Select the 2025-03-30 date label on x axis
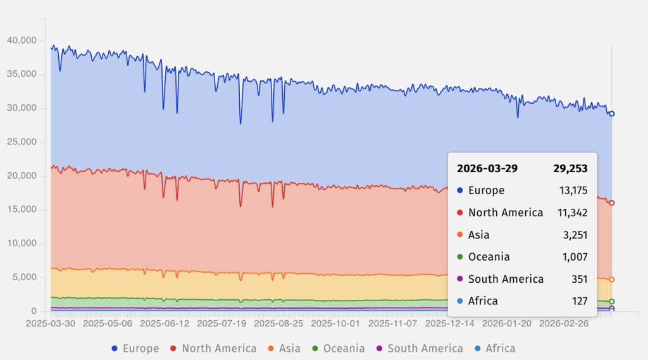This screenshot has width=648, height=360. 51,323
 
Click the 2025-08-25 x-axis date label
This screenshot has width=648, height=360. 279,323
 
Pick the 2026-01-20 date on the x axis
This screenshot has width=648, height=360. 508,323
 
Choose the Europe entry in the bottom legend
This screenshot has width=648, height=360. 135,348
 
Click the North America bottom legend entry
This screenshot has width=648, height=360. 212,348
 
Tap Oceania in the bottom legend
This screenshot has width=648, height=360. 338,348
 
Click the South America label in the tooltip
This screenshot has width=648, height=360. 506,279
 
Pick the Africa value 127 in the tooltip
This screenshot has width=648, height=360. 580,301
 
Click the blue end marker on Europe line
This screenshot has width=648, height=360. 612,114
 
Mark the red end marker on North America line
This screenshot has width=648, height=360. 612,203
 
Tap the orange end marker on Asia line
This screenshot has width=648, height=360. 612,279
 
